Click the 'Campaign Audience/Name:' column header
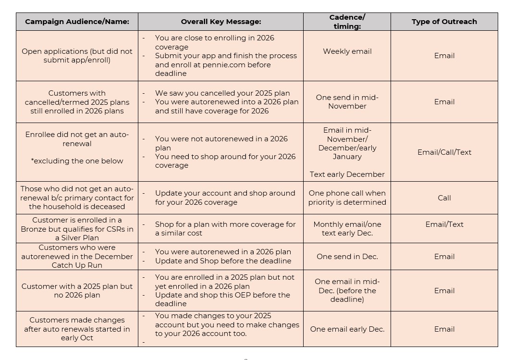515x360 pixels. [77, 22]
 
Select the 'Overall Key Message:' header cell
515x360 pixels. [221, 22]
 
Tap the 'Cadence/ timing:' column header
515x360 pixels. [347, 22]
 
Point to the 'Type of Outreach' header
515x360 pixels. [444, 22]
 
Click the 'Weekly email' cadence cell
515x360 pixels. [347, 51]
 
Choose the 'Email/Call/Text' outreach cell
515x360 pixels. [444, 152]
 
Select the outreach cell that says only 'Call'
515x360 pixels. [444, 198]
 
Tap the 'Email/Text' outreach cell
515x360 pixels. [444, 224]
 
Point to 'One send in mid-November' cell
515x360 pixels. [347, 102]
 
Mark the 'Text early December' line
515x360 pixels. [347, 174]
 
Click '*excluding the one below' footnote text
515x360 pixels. [77, 161]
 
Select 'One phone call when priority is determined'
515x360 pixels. [347, 198]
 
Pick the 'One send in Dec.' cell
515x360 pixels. [347, 257]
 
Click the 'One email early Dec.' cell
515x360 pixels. [347, 329]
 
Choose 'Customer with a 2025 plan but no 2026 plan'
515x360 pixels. [77, 291]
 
